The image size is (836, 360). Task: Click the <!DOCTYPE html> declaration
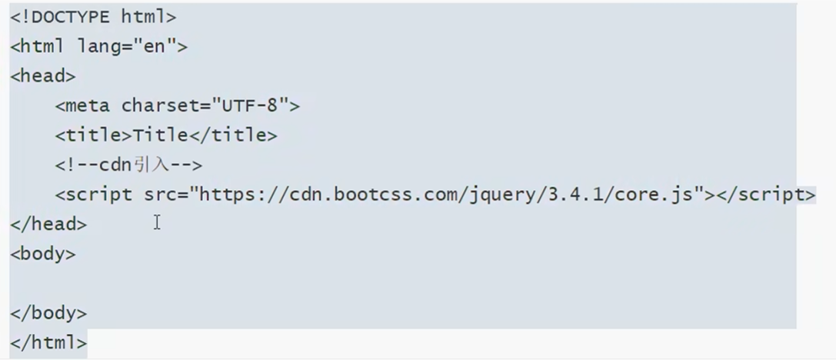[93, 16]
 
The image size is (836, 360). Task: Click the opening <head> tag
[43, 76]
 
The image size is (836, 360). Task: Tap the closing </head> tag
[48, 225]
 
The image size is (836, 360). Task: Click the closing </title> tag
[233, 135]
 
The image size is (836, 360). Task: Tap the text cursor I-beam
[157, 222]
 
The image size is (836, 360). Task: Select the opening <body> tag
[43, 254]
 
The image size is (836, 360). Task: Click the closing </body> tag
[48, 313]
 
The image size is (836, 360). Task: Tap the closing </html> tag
[48, 342]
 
